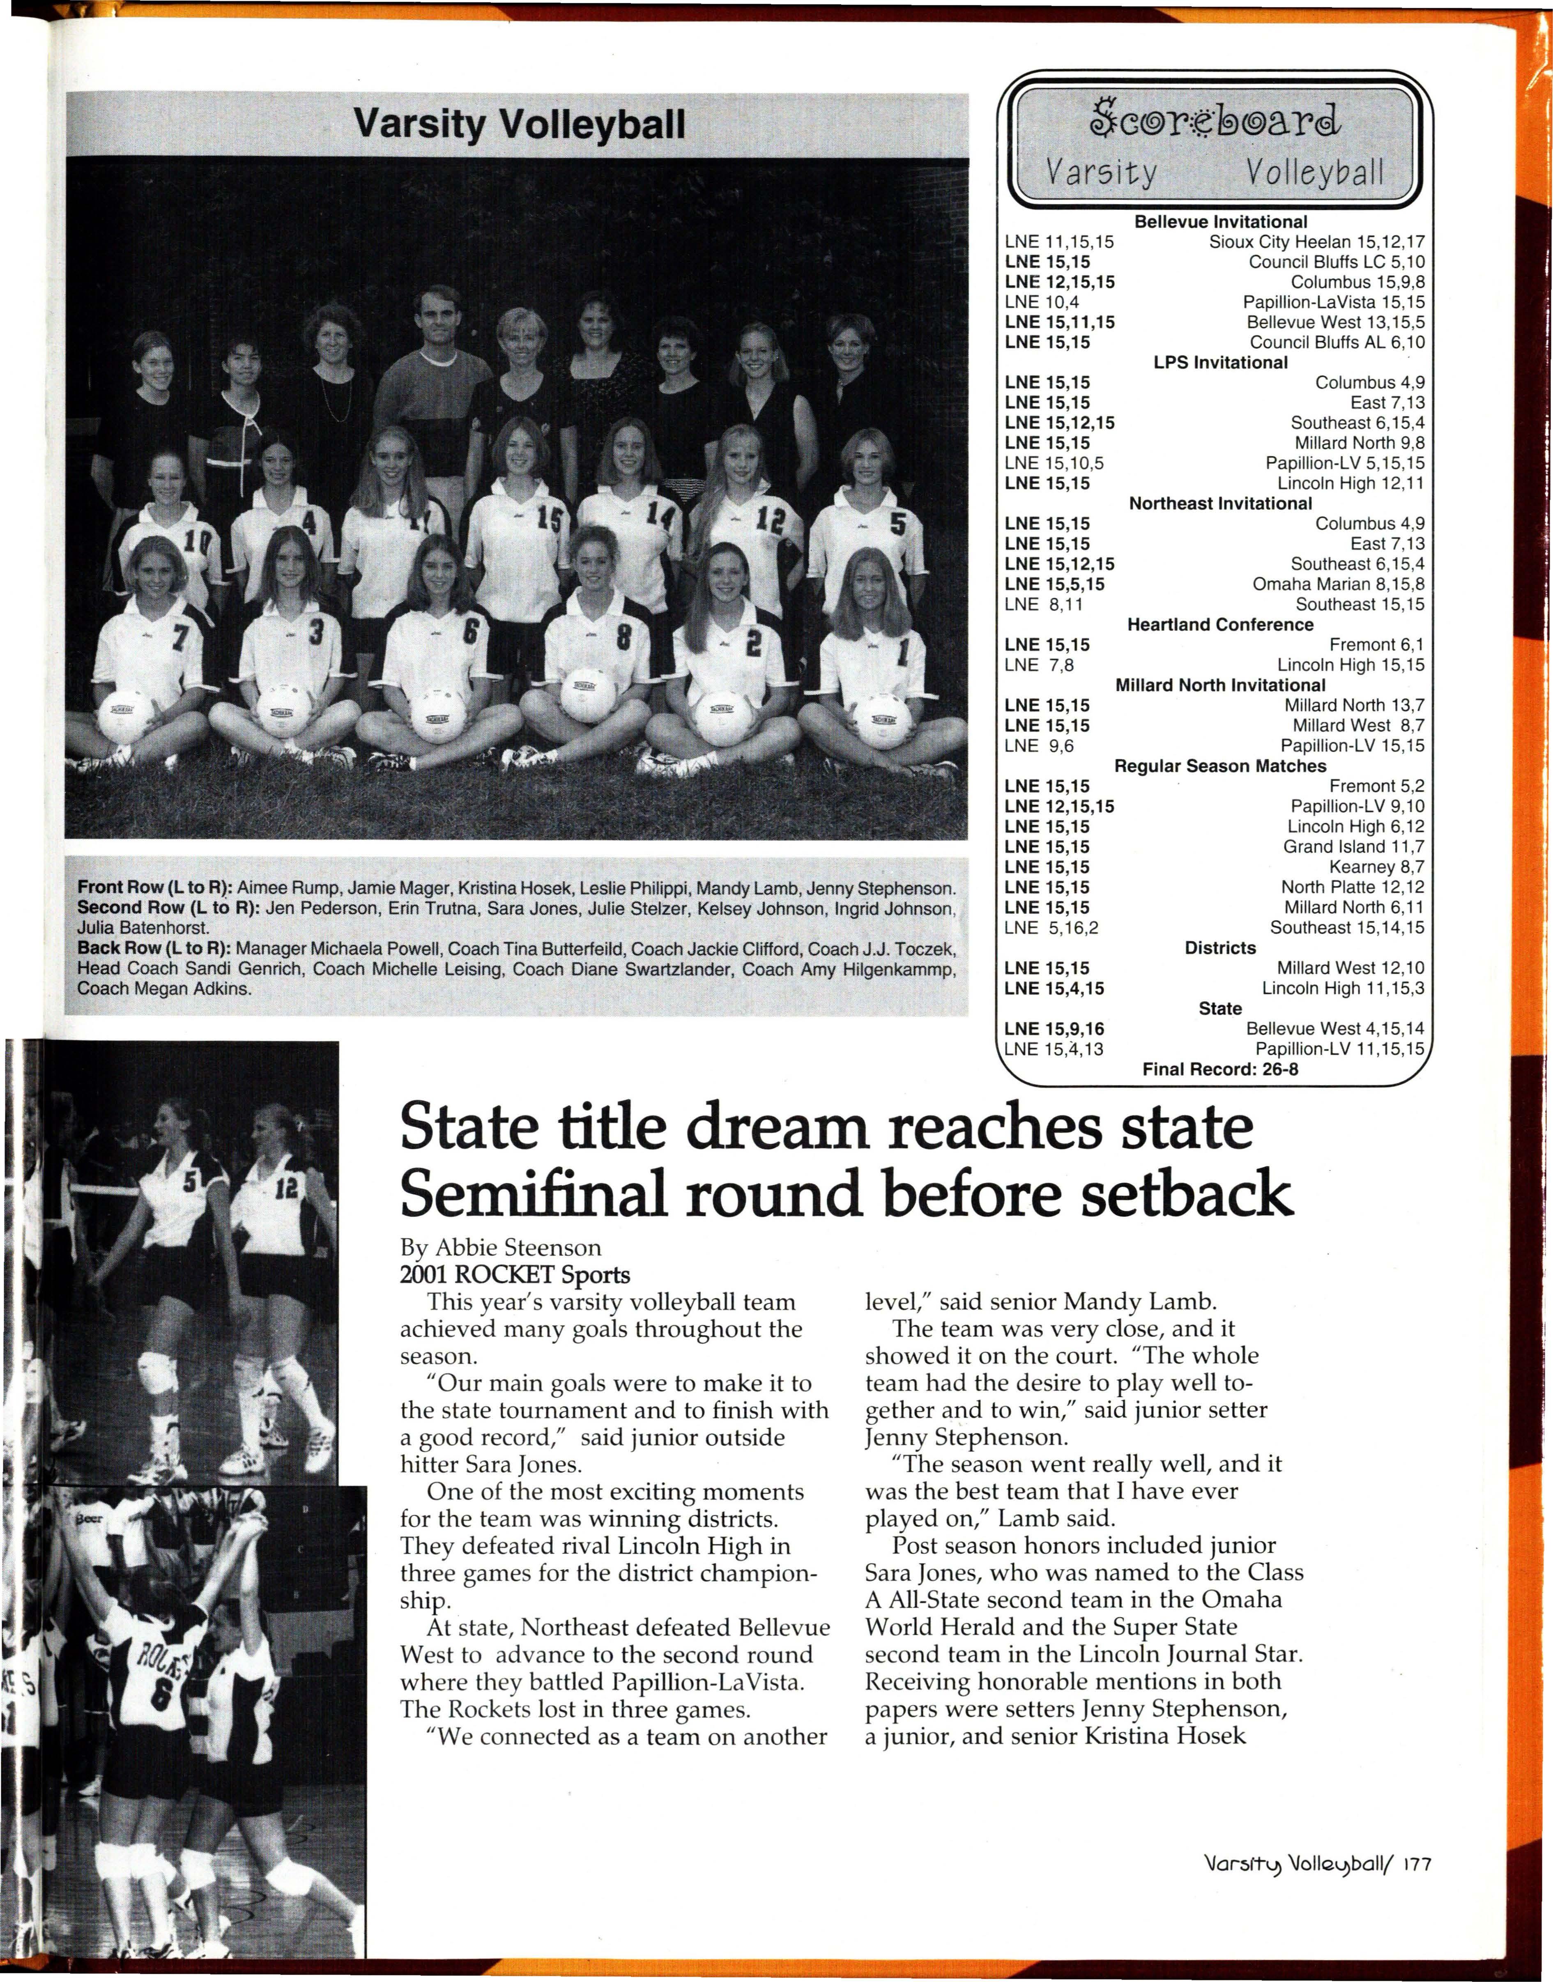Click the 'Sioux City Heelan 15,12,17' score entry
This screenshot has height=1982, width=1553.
(x=1316, y=242)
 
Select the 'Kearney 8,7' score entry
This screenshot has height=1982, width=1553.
(x=1376, y=867)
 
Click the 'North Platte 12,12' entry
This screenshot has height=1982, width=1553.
(x=1352, y=886)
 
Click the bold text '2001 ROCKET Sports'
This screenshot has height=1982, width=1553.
(x=515, y=1275)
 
